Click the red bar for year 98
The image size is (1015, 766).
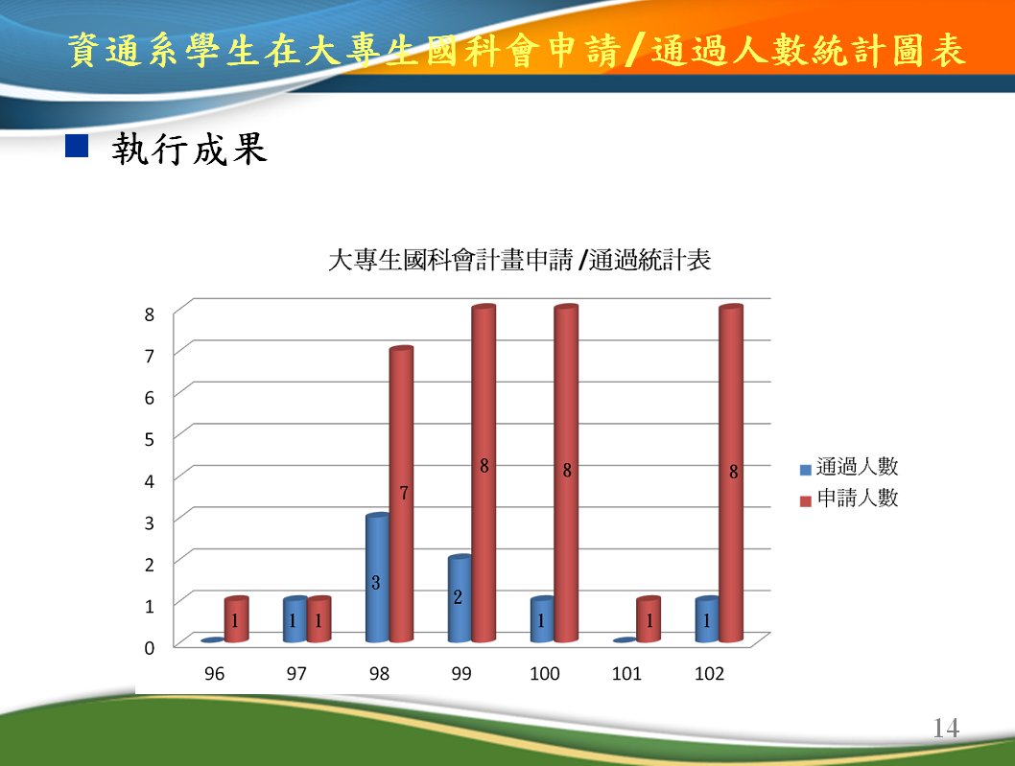[401, 495]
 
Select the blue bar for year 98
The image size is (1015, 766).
[377, 578]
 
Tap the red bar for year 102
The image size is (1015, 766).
[731, 474]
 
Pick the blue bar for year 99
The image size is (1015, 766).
[460, 598]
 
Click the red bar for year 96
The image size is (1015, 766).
[236, 619]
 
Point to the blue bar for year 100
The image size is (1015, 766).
[542, 619]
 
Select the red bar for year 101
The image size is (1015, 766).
[649, 619]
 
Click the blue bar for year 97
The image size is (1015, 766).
[295, 619]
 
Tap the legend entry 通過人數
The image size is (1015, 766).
[849, 467]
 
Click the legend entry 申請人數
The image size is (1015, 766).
[849, 499]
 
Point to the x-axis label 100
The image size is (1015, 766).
[544, 673]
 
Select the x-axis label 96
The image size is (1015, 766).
[214, 673]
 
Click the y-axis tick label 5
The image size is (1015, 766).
[150, 439]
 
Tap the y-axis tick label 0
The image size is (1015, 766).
[150, 648]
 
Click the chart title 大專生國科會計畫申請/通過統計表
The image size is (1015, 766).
[520, 260]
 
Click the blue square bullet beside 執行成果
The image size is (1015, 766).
[77, 146]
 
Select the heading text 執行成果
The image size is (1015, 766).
[189, 149]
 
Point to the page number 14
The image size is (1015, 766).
[946, 729]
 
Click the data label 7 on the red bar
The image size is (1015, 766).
[404, 493]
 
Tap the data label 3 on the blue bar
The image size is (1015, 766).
[375, 582]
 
